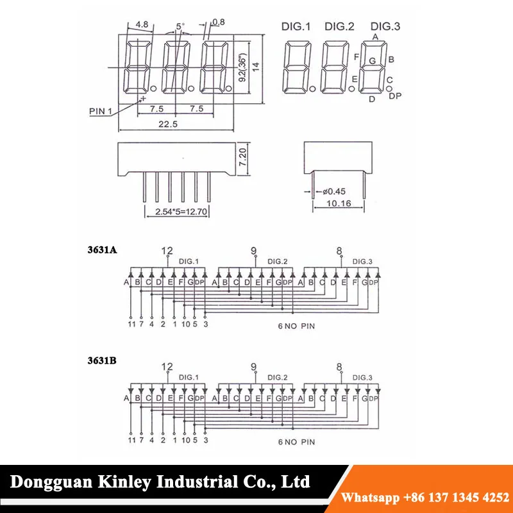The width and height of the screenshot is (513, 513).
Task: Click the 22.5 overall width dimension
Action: pyautogui.click(x=168, y=124)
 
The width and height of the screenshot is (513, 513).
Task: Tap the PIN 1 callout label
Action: pyautogui.click(x=101, y=111)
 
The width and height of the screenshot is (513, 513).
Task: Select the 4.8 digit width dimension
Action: pyautogui.click(x=142, y=24)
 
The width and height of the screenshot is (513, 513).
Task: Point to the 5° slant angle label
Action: pyautogui.click(x=180, y=26)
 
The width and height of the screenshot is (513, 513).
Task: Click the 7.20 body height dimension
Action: pyautogui.click(x=243, y=157)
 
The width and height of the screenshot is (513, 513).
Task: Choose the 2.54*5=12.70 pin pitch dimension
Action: pyautogui.click(x=181, y=212)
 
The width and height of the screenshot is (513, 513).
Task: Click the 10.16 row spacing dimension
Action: pyautogui.click(x=339, y=203)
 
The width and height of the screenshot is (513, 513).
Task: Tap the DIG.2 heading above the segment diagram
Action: pyautogui.click(x=339, y=26)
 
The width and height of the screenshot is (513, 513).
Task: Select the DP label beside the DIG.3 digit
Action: pyautogui.click(x=395, y=96)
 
